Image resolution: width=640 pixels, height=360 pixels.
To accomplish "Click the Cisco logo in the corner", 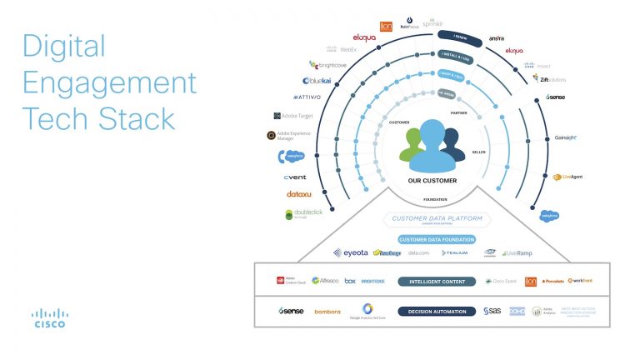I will pos(49,318).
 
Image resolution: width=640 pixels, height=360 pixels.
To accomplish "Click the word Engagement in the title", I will pos(109,82).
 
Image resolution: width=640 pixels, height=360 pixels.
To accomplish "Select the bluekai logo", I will pos(318,81).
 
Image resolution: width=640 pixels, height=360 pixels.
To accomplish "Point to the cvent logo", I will pos(295,177).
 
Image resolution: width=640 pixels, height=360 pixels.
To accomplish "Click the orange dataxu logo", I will pos(298,194).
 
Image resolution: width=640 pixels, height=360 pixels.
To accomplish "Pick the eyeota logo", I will pos(349,252).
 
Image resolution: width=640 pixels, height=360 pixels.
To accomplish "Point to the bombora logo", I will pos(327,312).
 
